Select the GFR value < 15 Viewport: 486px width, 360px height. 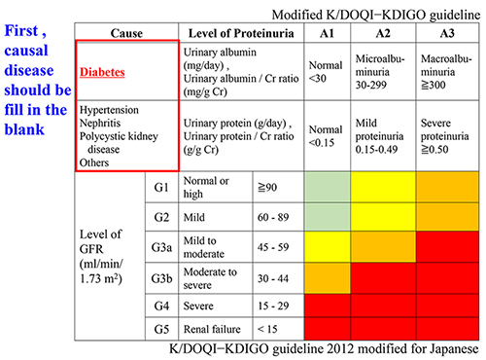click(x=269, y=328)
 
